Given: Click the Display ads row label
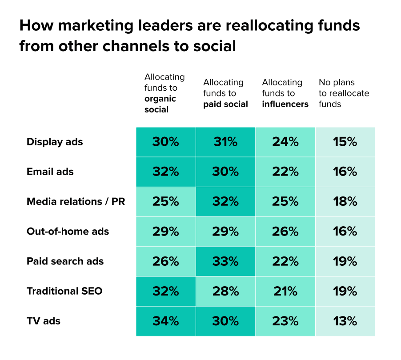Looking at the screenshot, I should [55, 142].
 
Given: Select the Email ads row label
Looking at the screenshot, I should [50, 172].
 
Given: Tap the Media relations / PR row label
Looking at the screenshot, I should [76, 202].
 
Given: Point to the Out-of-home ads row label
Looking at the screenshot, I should [68, 232].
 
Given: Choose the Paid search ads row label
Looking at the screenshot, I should [65, 261].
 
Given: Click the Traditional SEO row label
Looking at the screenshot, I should [64, 291].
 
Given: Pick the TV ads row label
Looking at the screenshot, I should [44, 321].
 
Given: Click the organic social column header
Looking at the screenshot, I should [164, 93].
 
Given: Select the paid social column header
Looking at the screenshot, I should [225, 93].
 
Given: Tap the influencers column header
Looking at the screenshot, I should [285, 93].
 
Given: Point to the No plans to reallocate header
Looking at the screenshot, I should [344, 93].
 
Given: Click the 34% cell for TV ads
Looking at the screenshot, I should [166, 321].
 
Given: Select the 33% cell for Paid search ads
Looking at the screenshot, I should [225, 261].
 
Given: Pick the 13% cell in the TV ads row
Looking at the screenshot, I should [345, 321].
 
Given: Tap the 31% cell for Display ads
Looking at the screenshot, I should [225, 142].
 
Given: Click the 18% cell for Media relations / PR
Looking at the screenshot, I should [345, 202].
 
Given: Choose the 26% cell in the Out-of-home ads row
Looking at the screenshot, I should [285, 232].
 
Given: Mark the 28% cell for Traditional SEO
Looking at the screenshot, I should [225, 291].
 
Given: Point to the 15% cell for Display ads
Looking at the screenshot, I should [345, 142].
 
